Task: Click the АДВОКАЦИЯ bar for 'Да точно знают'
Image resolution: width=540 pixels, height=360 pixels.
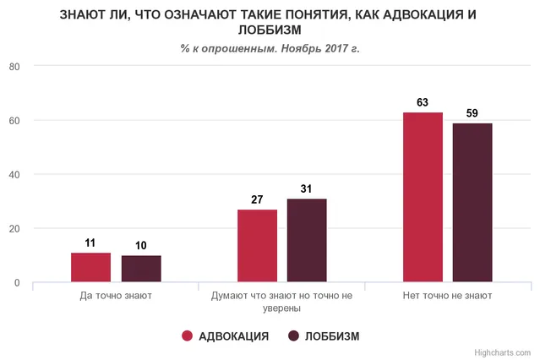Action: point(90,268)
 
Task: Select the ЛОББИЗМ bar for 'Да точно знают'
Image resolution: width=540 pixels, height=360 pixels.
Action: point(141,269)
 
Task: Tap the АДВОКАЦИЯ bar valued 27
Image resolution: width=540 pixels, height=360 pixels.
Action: point(257,246)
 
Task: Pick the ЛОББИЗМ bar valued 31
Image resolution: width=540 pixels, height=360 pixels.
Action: point(307,241)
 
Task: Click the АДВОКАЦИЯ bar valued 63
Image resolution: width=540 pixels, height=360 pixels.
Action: point(423,197)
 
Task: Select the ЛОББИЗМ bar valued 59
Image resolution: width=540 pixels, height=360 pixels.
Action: point(472,203)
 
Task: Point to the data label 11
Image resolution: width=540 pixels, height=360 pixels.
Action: point(90,243)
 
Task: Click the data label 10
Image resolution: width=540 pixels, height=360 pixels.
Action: point(141,246)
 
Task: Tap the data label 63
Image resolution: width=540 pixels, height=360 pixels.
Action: point(423,102)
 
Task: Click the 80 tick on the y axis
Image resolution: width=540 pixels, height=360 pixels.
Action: point(14,66)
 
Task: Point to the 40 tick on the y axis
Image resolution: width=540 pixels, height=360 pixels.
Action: point(14,174)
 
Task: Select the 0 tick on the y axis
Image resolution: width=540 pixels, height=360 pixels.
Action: point(17,282)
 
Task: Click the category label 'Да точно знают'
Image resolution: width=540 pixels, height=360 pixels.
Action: point(116,297)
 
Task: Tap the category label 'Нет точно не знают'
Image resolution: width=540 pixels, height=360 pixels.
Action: point(448,297)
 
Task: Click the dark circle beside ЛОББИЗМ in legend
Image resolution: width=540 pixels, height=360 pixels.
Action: point(294,336)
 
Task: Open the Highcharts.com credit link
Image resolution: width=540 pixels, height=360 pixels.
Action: point(503,352)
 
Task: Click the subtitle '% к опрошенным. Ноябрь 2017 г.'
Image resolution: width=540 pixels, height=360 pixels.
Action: point(270,48)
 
